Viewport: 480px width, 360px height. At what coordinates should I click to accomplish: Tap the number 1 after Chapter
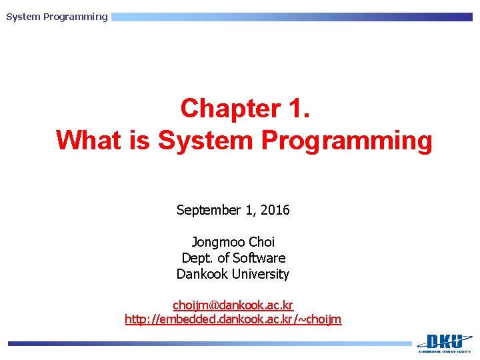(x=297, y=108)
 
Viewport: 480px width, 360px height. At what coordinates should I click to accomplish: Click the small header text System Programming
(x=57, y=17)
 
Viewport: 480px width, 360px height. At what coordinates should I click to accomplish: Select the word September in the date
(x=208, y=210)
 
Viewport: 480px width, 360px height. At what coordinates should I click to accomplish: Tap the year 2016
(x=275, y=210)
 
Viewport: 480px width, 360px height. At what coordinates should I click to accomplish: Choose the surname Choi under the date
(x=261, y=242)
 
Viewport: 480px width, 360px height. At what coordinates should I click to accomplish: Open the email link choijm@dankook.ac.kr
(x=233, y=305)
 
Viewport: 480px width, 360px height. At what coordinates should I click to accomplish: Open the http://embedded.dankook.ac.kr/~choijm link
(x=233, y=319)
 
